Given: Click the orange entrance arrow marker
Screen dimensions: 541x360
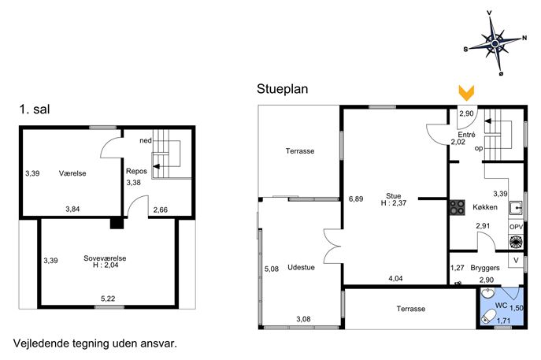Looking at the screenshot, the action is [466, 92].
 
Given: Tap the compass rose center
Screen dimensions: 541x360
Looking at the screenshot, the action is [495, 43].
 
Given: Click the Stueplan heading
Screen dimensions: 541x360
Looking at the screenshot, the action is [282, 89].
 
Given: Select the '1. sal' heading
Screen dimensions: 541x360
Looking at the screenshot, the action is [35, 109].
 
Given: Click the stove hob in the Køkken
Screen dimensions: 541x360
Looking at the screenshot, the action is [458, 207].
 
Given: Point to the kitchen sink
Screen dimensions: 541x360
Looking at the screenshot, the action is [516, 208].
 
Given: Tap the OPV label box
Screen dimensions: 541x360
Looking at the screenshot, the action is [516, 227].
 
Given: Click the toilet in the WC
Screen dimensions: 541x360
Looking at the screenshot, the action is [488, 316].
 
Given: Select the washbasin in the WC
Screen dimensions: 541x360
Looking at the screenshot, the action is [488, 293].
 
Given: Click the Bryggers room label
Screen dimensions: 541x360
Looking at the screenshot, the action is [485, 268].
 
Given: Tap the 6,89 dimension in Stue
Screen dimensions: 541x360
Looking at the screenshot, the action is [356, 199].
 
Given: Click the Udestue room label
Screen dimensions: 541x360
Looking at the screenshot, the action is [301, 267].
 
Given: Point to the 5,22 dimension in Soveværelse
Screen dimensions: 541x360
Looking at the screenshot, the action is [108, 299].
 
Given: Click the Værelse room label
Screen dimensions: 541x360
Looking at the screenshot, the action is [72, 173].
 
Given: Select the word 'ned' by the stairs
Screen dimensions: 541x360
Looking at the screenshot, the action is [146, 140].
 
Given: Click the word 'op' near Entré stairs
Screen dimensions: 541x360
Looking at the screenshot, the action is [479, 148].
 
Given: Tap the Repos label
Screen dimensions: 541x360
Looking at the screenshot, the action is [136, 171].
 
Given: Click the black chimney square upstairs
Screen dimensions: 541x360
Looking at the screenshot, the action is [117, 222].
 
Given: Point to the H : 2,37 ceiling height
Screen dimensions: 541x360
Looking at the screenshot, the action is [393, 203].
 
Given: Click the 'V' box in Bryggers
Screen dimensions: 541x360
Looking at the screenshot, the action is [516, 260].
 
